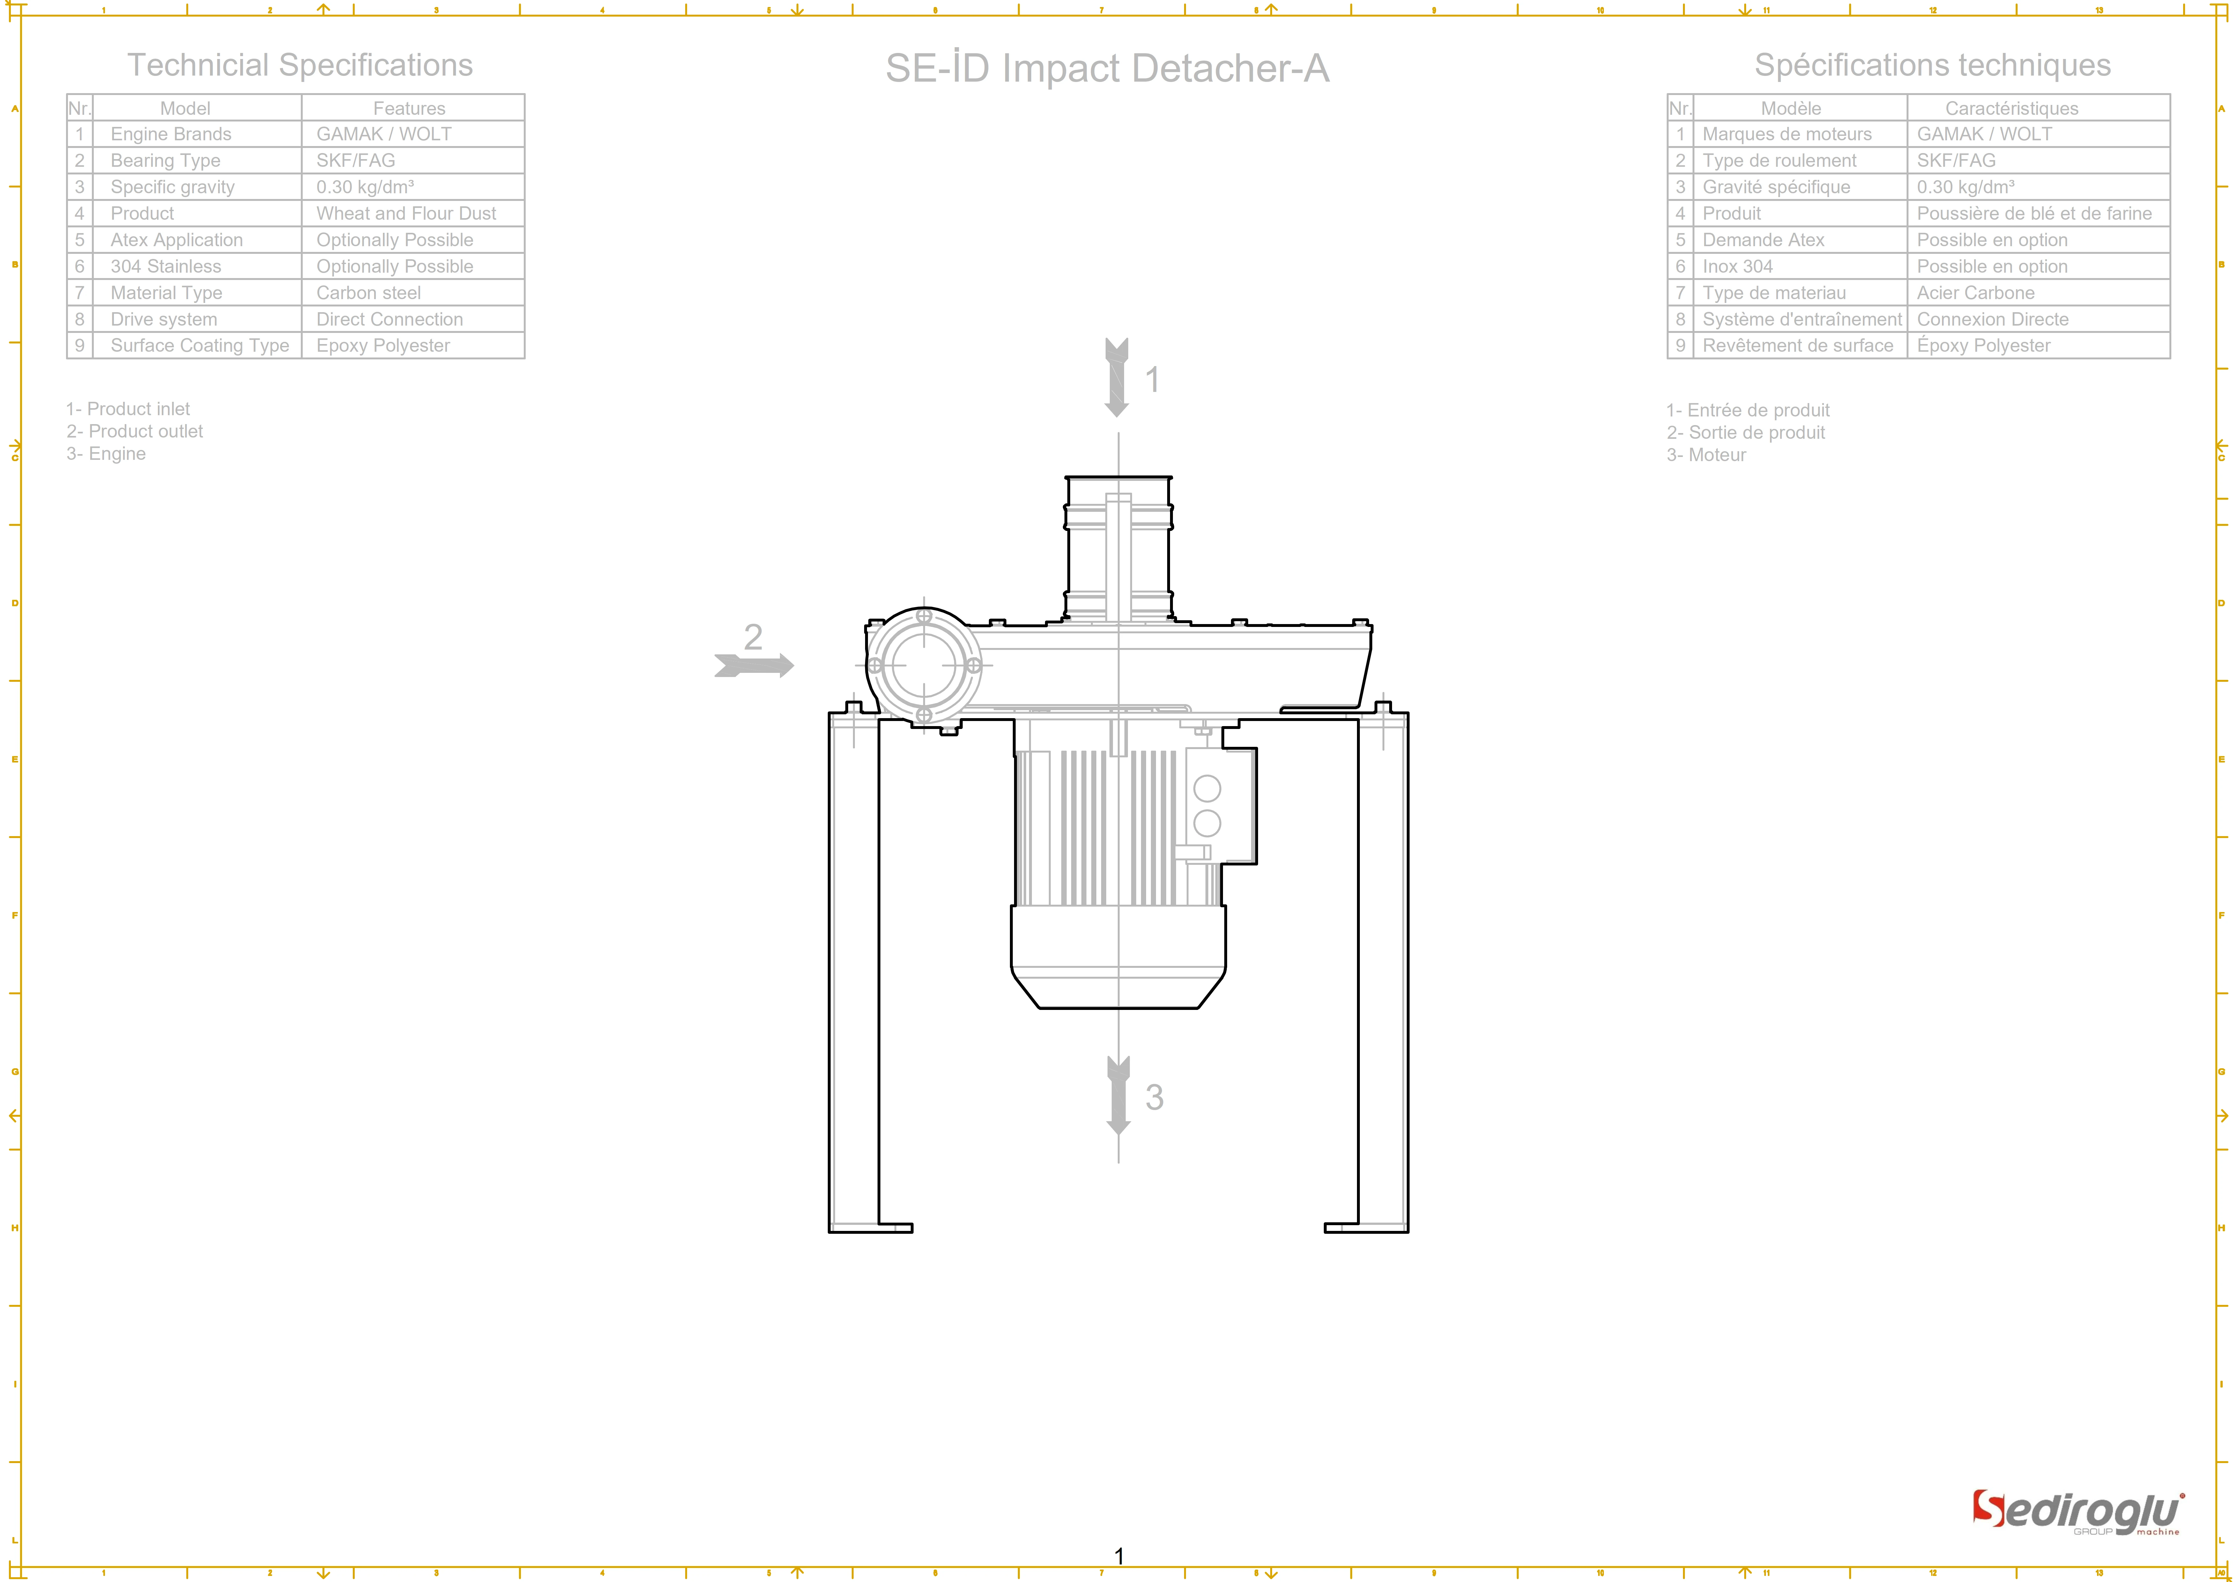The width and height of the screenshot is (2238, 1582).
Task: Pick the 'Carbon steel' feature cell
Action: click(368, 292)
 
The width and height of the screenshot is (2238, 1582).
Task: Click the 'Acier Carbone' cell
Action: click(1975, 292)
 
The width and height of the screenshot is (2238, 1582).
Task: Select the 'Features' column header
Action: click(408, 108)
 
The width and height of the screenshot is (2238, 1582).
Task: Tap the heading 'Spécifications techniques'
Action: click(1932, 65)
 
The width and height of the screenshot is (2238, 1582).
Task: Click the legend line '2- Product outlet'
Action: click(135, 431)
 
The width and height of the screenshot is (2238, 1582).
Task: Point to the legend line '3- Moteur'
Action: click(1706, 455)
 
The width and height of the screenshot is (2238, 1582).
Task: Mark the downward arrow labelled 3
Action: click(1118, 1096)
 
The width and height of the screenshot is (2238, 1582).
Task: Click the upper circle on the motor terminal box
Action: click(1207, 788)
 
